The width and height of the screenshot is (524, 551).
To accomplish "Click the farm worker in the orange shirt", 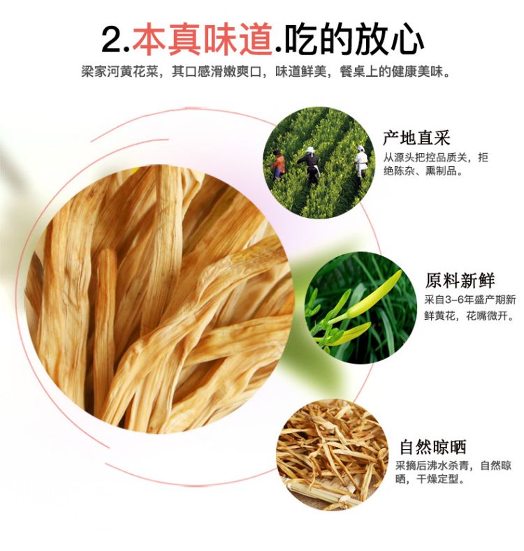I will [279, 165].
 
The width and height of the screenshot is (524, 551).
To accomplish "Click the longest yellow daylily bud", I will [375, 295].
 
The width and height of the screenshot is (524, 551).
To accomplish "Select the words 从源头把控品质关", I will [426, 157].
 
